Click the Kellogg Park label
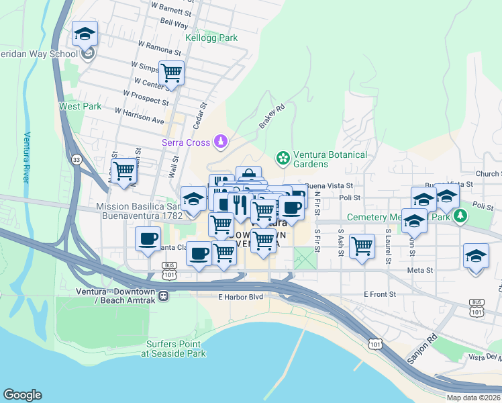pyautogui.click(x=211, y=38)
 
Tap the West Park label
pyautogui.click(x=80, y=106)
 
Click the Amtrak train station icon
pyautogui.click(x=162, y=294)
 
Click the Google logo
pyautogui.click(x=22, y=395)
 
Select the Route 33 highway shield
pyautogui.click(x=77, y=159)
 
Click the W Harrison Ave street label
pyautogui.click(x=140, y=116)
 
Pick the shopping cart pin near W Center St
pyautogui.click(x=172, y=73)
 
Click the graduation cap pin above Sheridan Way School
pyautogui.click(x=85, y=33)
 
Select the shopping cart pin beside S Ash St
pyautogui.click(x=362, y=246)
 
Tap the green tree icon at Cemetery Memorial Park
pyautogui.click(x=460, y=216)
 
